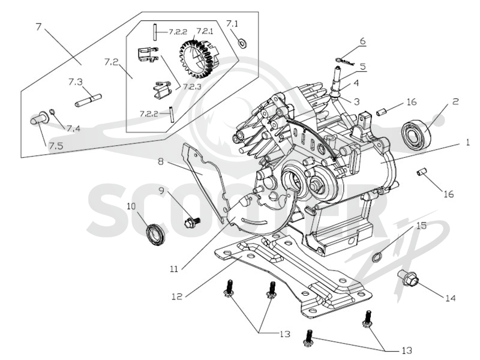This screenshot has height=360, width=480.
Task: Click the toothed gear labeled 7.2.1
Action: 199,59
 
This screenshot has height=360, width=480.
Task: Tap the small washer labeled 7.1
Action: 242,43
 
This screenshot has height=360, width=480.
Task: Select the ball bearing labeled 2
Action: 416,134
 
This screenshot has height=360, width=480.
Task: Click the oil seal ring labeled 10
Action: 155,234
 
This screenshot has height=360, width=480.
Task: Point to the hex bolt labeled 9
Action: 192,221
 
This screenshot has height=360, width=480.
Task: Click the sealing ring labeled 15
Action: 377,256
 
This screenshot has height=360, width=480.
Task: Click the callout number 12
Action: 177,296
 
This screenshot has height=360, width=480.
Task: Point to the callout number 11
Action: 174,269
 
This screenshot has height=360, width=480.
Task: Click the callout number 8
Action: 161,161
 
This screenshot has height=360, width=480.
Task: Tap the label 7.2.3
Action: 192,86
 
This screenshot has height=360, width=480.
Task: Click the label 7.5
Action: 56,146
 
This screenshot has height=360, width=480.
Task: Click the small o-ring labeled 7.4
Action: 52,111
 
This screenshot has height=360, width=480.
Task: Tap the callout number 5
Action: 363,66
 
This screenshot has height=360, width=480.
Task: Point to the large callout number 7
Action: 38,27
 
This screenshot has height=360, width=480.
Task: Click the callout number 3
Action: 357,101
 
